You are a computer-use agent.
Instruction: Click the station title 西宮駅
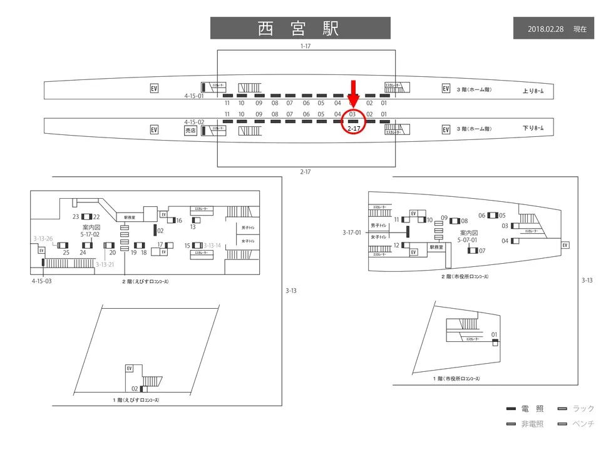300,28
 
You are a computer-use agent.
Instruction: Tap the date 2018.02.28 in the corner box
547,29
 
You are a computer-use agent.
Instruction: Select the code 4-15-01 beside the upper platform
194,97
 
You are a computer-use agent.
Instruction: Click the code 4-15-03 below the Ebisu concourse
43,281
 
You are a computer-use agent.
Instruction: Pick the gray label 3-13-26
43,238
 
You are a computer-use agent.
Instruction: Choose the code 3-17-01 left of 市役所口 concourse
352,232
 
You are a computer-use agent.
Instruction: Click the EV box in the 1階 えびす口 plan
130,369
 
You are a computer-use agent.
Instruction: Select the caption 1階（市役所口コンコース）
461,379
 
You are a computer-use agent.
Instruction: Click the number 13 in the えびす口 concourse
193,227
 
